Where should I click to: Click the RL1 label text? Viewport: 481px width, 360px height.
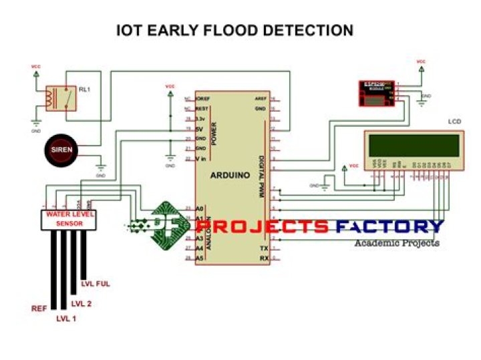(x=84, y=88)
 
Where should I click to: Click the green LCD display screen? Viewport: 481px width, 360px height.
(x=412, y=145)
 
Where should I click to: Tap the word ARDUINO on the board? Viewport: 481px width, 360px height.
(x=230, y=175)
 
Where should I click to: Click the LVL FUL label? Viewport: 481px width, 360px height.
(x=95, y=284)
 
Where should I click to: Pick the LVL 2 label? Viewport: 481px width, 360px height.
(x=81, y=303)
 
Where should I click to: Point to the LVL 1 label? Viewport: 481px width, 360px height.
(x=66, y=318)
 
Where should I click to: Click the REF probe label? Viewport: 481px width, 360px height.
(x=39, y=309)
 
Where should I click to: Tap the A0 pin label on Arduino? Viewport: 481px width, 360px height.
(x=198, y=208)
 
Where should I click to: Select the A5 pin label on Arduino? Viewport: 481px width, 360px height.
(x=198, y=257)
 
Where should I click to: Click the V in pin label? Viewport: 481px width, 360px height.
(x=200, y=158)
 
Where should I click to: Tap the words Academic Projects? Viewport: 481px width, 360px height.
(x=397, y=243)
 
